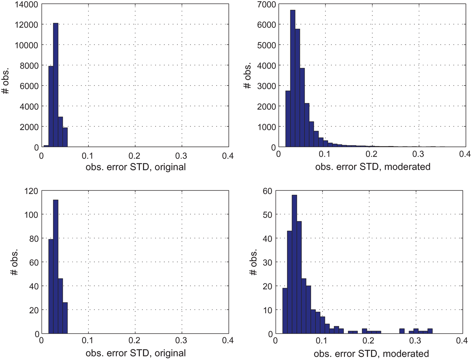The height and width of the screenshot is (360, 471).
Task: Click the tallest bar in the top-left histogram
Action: (56, 85)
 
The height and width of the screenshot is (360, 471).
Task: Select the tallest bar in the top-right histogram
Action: (293, 79)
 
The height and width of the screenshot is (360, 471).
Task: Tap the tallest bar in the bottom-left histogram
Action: (56, 267)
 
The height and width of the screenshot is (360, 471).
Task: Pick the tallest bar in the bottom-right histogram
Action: (294, 264)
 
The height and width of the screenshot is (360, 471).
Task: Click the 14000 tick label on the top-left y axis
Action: (24, 4)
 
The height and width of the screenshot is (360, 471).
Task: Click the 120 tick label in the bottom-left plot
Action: (31, 191)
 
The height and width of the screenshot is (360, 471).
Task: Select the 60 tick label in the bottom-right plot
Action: (267, 191)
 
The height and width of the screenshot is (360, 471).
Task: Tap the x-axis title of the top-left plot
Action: (136, 167)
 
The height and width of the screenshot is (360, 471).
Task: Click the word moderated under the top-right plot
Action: (407, 167)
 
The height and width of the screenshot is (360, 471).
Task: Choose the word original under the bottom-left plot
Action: (170, 353)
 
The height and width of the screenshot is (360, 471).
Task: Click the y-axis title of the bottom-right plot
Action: (254, 262)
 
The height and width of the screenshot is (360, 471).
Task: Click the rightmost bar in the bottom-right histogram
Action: (430, 331)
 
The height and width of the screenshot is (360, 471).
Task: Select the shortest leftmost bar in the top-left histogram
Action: (46, 146)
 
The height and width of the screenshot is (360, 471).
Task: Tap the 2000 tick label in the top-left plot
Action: (29, 126)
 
